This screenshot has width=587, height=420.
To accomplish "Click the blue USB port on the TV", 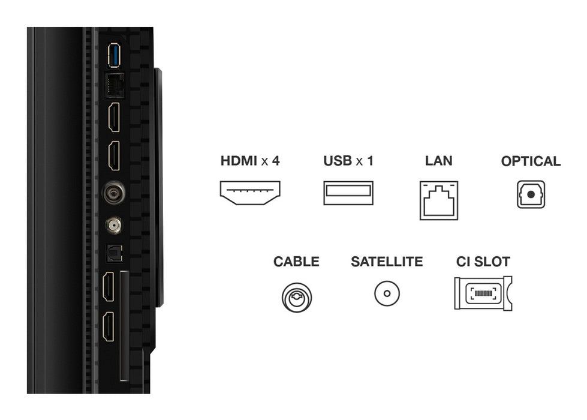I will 113,56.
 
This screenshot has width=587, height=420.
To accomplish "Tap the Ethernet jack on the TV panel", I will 113,86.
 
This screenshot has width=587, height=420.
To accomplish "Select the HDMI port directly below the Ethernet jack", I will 113,117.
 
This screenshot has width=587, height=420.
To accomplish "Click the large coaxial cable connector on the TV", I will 113,193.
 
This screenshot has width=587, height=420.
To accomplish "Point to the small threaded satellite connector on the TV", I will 113,226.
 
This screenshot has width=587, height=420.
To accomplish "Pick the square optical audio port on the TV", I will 113,254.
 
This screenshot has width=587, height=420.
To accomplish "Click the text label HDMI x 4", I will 250,161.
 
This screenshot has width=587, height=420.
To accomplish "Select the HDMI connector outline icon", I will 250,192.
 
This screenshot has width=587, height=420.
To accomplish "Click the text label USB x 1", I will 348,161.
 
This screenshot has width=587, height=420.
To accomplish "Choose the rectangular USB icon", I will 348,193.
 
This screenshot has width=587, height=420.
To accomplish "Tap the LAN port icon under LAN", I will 438,200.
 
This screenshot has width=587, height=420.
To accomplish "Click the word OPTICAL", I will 531,161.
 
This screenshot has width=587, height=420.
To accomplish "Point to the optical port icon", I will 531,194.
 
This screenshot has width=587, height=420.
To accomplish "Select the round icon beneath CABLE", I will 297,296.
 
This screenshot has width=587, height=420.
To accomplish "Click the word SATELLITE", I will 387,262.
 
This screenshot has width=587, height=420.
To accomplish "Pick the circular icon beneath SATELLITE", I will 387,293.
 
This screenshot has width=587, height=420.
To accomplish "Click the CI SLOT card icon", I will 483,293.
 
